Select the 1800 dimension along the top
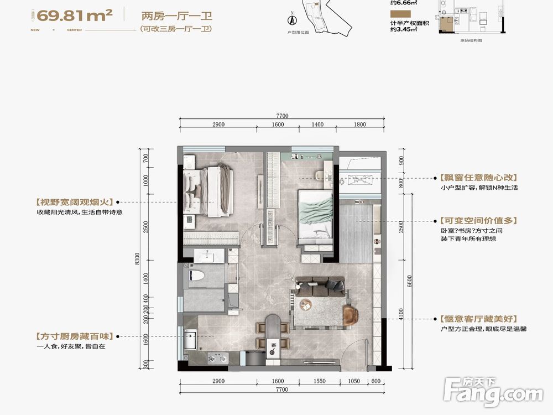359,124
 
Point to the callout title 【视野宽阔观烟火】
74,203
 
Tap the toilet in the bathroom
197,275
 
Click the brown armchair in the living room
350,315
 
